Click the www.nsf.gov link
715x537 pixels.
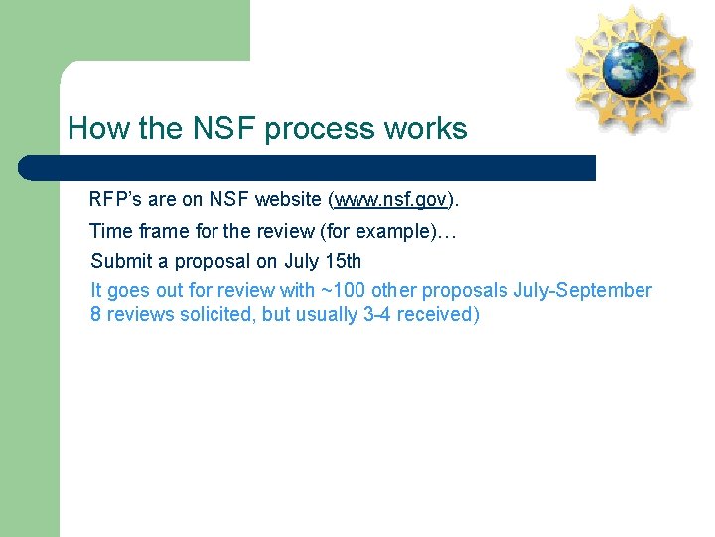pyautogui.click(x=390, y=200)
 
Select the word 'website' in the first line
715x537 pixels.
pyautogui.click(x=288, y=199)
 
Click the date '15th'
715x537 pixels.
pyautogui.click(x=343, y=261)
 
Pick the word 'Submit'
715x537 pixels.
pyautogui.click(x=118, y=261)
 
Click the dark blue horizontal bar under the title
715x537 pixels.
pyautogui.click(x=308, y=167)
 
